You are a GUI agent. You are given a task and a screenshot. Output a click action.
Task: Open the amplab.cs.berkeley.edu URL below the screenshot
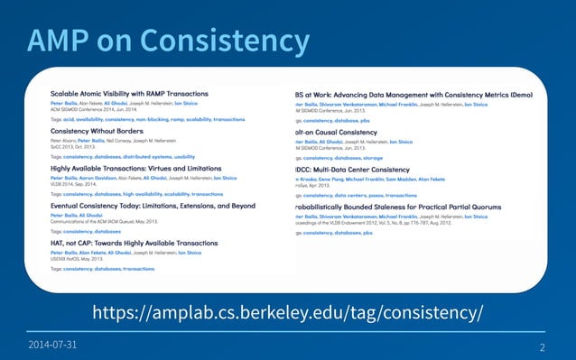(x=288, y=312)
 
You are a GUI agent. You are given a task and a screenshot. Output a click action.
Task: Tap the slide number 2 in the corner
(x=542, y=347)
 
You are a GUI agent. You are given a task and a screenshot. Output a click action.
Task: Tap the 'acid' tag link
(x=70, y=119)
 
